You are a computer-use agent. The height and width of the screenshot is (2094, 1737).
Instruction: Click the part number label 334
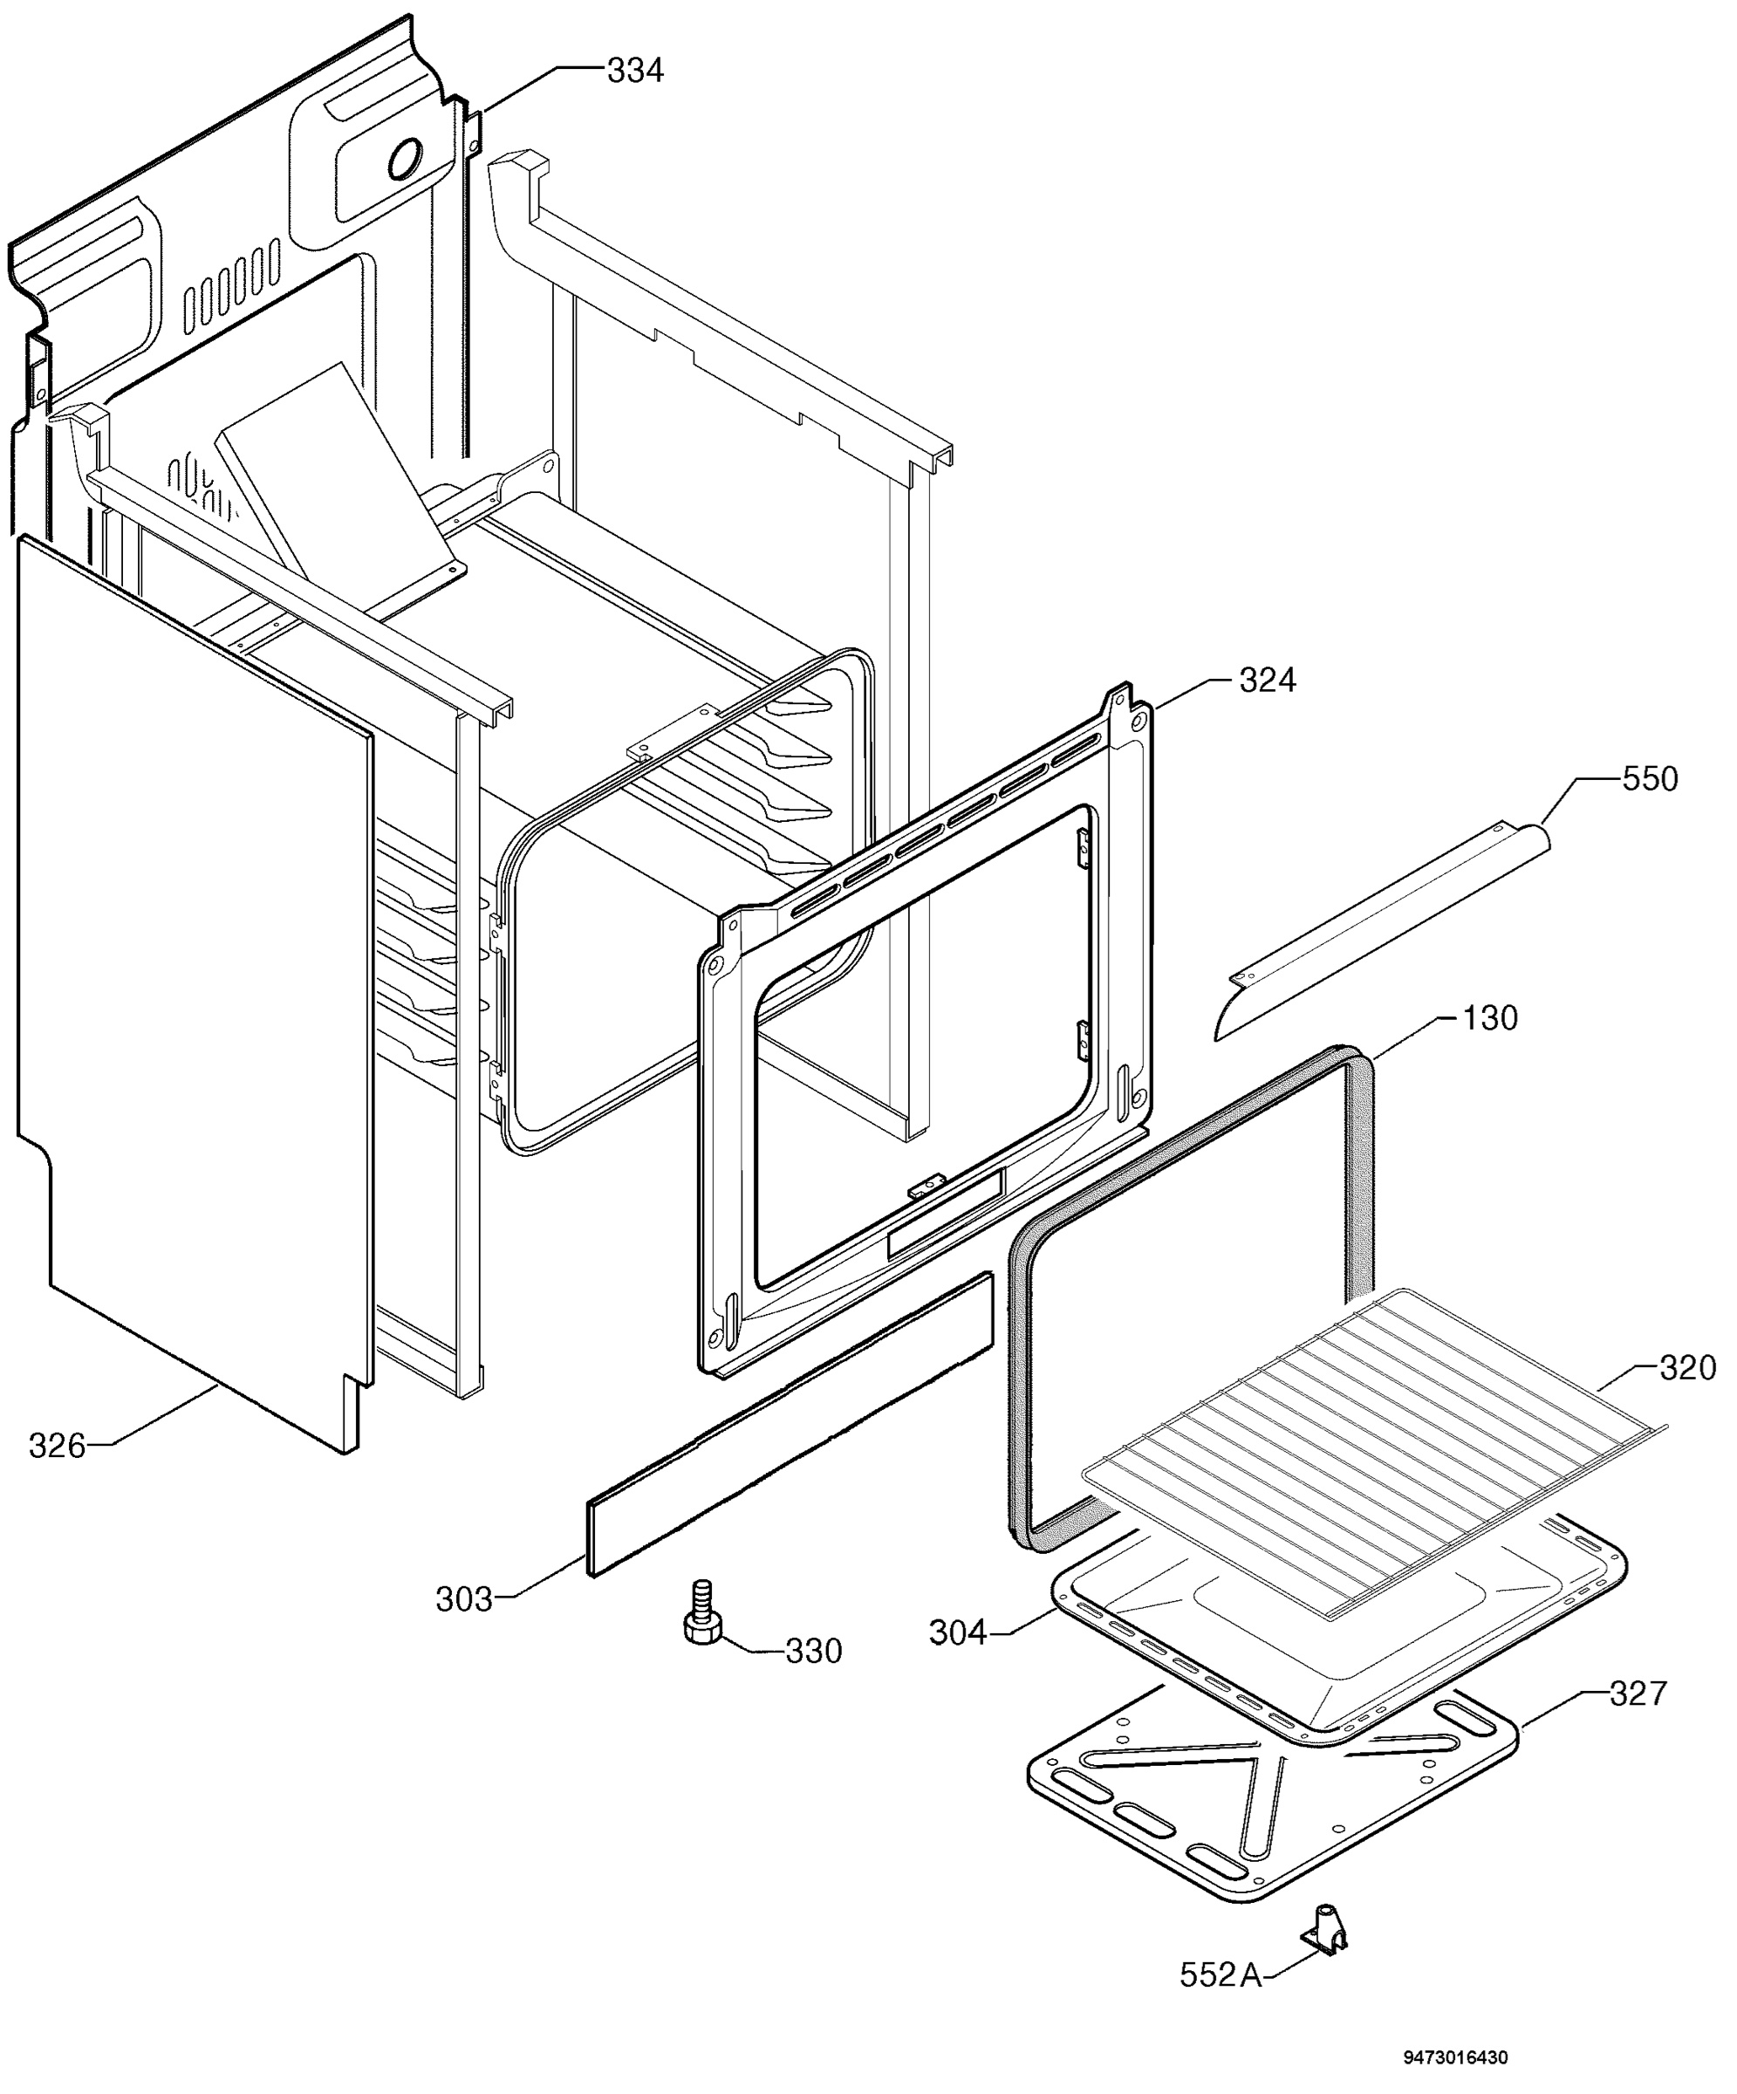pos(635,71)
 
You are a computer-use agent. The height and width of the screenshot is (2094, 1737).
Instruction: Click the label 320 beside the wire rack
pos(1687,1367)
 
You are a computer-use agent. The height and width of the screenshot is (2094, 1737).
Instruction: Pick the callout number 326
pos(57,1445)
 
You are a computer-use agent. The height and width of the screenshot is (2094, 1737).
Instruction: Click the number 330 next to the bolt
pos(814,1652)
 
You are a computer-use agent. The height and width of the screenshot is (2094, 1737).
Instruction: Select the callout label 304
pos(957,1632)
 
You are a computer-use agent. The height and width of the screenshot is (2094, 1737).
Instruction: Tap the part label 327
pos(1638,1694)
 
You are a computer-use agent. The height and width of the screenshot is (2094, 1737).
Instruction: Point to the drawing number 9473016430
pos(1456,2056)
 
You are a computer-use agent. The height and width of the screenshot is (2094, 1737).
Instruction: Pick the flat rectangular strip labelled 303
pos(790,1424)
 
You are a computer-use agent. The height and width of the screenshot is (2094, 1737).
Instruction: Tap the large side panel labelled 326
pos(195,991)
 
